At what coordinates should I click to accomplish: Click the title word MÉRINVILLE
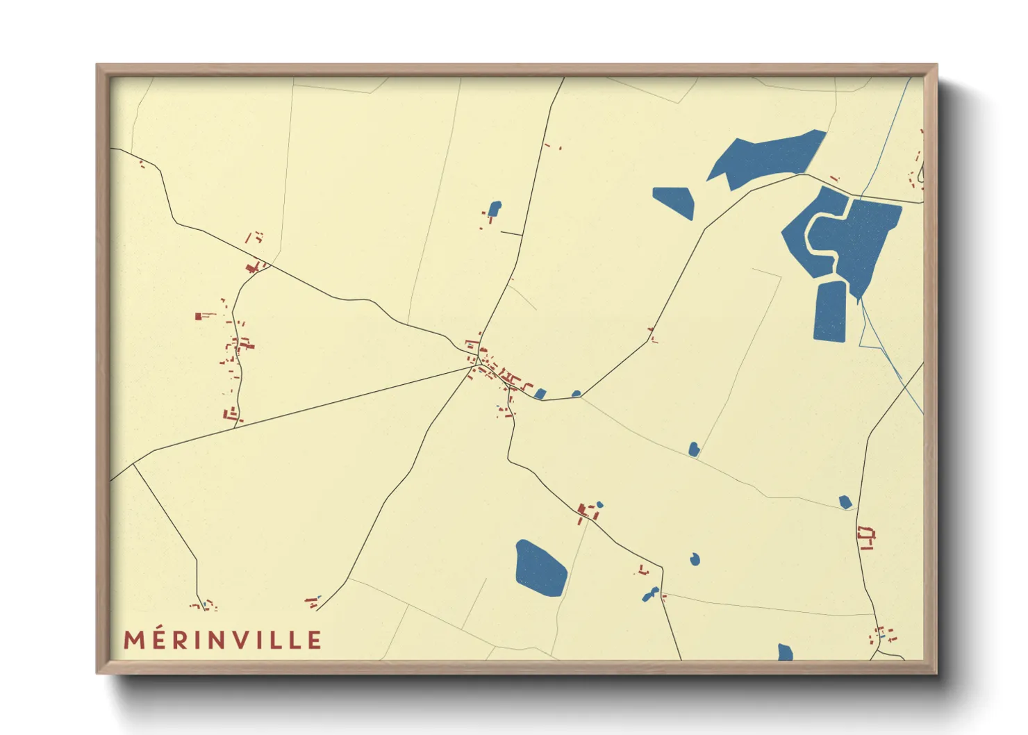coord(222,640)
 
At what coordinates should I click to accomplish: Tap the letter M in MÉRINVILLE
coord(134,640)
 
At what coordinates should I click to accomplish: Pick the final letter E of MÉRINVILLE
coord(315,640)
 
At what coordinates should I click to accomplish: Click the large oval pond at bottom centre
coord(540,568)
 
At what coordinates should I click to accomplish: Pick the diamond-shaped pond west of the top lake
coord(674,201)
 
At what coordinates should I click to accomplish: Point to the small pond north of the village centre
coord(495,208)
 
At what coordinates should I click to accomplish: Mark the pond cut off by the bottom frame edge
coord(785,652)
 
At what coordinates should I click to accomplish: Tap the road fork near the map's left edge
coord(133,463)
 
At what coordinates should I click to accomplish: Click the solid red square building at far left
coord(198,316)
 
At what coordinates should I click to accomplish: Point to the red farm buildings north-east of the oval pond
coord(587,513)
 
